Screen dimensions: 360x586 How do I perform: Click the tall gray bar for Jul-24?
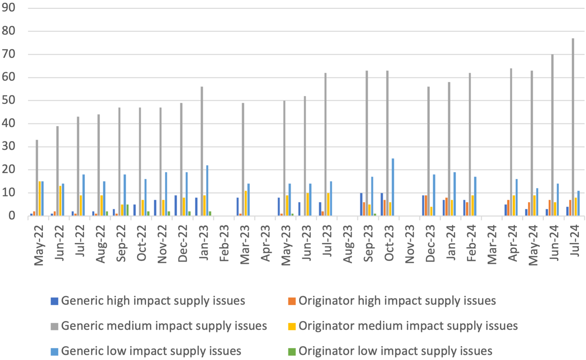tap(573, 127)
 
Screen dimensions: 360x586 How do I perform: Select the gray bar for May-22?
tap(37, 178)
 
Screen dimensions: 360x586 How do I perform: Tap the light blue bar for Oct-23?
tap(393, 187)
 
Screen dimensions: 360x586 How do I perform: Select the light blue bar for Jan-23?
tap(207, 191)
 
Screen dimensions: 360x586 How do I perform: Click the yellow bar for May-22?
tap(40, 198)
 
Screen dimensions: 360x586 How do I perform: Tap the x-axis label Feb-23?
tap(224, 243)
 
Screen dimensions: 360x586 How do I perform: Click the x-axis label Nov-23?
tap(410, 244)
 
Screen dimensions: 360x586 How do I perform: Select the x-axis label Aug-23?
tap(348, 244)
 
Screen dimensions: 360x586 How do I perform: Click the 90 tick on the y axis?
tap(8, 8)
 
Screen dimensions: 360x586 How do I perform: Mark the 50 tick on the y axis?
tap(8, 100)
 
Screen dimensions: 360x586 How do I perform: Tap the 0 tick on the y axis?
tap(12, 216)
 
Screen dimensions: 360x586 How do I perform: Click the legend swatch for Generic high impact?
tap(55, 301)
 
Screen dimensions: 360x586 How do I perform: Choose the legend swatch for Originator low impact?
tap(292, 352)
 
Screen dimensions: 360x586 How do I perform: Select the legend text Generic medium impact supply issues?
tap(164, 326)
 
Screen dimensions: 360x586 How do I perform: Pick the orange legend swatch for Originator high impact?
tap(292, 301)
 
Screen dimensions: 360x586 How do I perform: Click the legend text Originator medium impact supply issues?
tap(408, 326)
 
